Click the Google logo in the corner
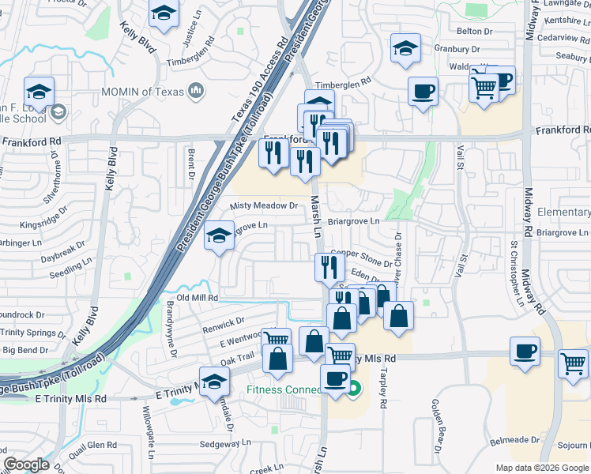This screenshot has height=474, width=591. click(27, 465)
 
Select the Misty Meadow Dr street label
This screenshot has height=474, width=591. click(263, 205)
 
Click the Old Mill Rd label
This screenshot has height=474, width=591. click(196, 297)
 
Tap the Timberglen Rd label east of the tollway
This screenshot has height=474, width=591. click(343, 83)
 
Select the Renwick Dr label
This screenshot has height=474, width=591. click(224, 322)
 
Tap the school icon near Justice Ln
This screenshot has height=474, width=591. click(164, 13)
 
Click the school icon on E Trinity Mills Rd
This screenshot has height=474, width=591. click(214, 382)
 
